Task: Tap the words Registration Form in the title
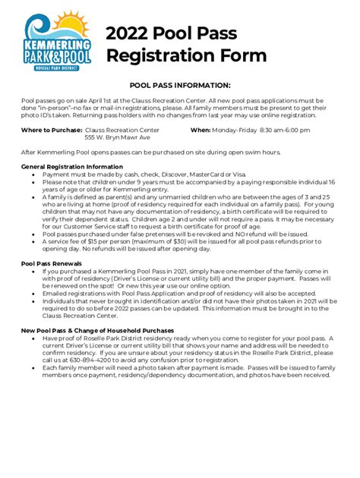pyautogui.click(x=186, y=55)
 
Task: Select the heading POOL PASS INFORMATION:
pyautogui.click(x=180, y=86)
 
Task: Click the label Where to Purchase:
pyautogui.click(x=51, y=131)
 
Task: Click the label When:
pyautogui.click(x=201, y=131)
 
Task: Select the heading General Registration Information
pyautogui.click(x=71, y=166)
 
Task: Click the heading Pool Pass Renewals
pyautogui.click(x=52, y=263)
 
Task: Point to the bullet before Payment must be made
pyautogui.click(x=33, y=174)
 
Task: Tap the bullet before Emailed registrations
pyautogui.click(x=33, y=291)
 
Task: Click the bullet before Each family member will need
pyautogui.click(x=33, y=366)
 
